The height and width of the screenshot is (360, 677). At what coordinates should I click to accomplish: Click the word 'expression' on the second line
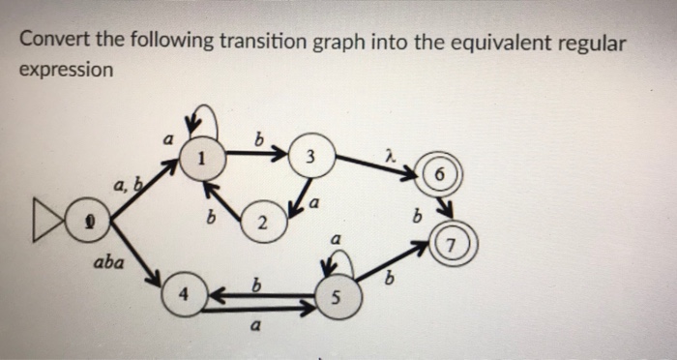pyautogui.click(x=66, y=70)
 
